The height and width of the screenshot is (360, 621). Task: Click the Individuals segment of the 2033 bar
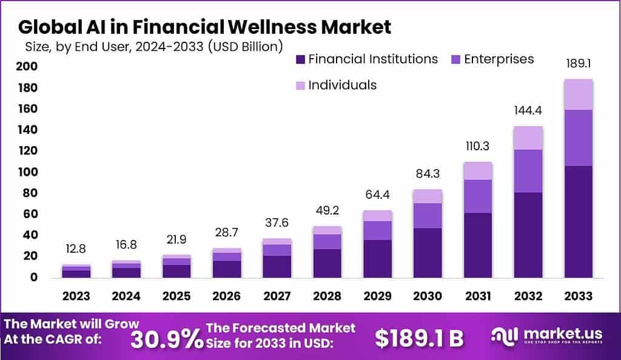[578, 95]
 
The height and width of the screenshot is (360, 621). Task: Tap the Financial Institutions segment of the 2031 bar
[478, 245]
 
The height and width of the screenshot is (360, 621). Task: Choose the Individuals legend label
[342, 85]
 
